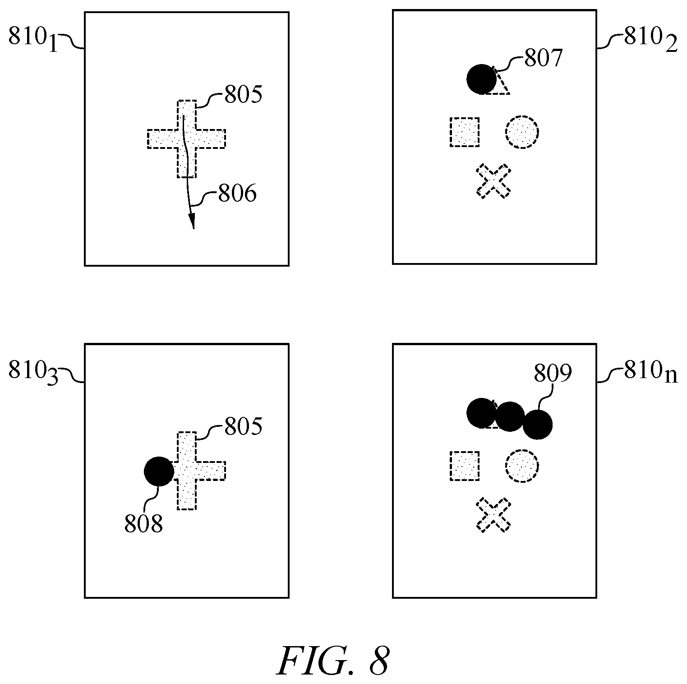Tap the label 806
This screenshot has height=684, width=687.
237,194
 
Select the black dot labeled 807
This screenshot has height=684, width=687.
481,79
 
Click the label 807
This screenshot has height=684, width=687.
543,58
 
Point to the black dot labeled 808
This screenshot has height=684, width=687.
159,471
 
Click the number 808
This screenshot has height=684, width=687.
143,525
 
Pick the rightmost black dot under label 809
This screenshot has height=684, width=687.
538,425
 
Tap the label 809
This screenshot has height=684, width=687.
553,374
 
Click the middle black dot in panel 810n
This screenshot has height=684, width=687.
510,416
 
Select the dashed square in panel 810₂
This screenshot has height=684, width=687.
465,132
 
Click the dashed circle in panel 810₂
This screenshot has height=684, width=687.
522,132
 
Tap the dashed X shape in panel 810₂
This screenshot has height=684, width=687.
493,180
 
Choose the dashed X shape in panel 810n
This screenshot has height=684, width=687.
493,515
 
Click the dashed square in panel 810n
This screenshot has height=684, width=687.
465,466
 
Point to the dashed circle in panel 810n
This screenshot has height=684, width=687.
522,466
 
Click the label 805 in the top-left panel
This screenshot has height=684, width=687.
243,95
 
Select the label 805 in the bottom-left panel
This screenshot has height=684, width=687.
243,426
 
